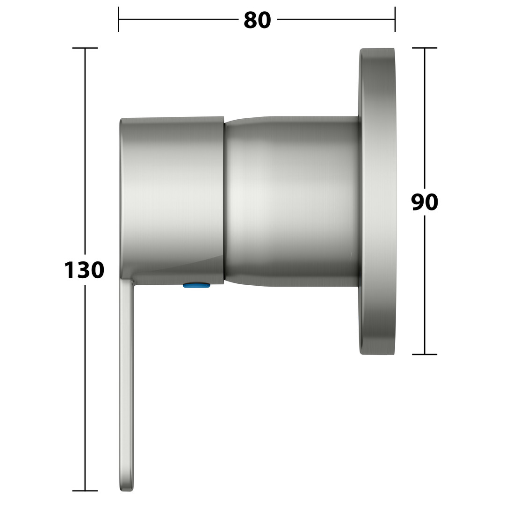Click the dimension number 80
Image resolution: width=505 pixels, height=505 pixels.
tap(257, 20)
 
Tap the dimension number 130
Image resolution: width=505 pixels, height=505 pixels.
tap(84, 270)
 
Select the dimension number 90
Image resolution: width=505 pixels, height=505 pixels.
tap(425, 202)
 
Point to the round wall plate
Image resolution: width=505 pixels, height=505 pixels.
tap(377, 202)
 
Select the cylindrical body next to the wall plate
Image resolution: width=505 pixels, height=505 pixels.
tap(291, 201)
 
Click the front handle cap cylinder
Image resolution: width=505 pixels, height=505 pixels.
tap(172, 200)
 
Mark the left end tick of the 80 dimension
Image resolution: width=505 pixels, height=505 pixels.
tap(118, 19)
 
